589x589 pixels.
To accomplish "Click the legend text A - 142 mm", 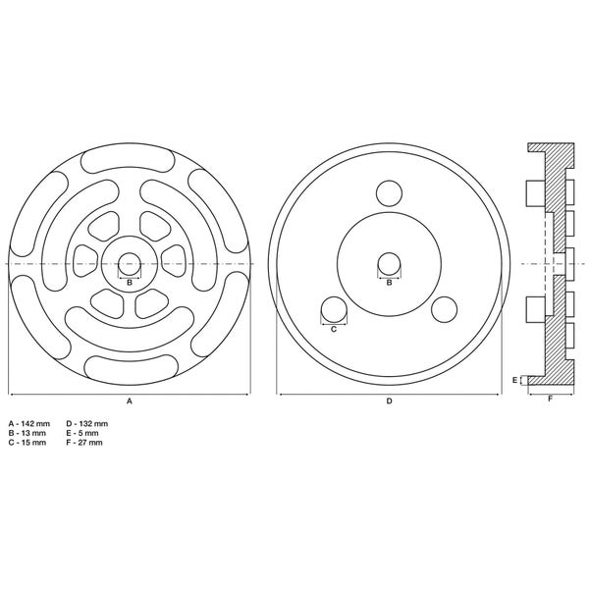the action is click(x=29, y=424).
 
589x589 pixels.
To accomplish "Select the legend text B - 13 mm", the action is click(x=27, y=433).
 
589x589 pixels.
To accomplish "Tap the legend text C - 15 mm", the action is click(x=27, y=443).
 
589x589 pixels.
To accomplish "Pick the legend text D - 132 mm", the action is click(x=87, y=424).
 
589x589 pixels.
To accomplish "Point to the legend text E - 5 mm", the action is click(x=82, y=433).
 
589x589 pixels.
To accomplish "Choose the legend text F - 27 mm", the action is click(x=84, y=443).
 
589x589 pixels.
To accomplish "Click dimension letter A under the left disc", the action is click(x=130, y=402).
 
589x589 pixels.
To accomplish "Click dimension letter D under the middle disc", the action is click(x=389, y=402).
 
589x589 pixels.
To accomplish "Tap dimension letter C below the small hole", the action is click(x=334, y=330).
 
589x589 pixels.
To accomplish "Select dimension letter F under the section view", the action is click(x=551, y=399).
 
